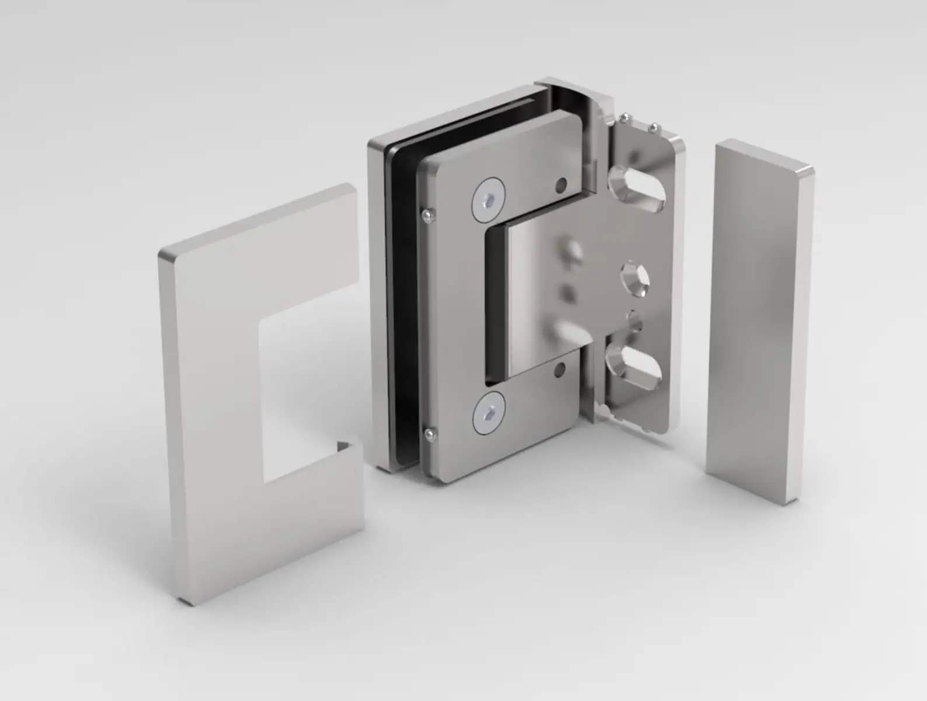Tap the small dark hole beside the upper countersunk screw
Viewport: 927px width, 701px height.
[562, 185]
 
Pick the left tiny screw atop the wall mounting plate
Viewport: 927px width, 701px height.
[625, 119]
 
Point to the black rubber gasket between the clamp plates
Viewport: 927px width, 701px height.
[403, 304]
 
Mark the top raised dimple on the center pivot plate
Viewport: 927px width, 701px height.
[573, 252]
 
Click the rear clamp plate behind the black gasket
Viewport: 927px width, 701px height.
[377, 292]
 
